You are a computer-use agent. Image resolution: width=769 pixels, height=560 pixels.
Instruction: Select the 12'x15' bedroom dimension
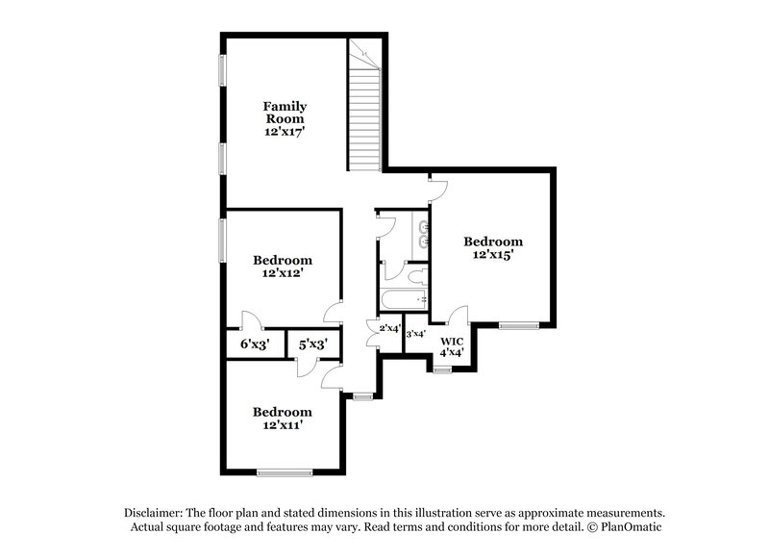click(x=493, y=255)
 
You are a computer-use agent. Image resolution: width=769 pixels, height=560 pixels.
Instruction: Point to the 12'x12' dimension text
click(x=283, y=273)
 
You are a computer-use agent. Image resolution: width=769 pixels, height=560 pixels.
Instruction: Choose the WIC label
click(x=452, y=341)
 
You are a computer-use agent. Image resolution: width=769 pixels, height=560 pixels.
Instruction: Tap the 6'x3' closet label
click(x=255, y=344)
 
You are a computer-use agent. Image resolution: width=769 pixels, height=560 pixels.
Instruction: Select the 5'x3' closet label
click(x=312, y=344)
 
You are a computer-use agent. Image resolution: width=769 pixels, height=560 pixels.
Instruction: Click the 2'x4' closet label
click(x=390, y=329)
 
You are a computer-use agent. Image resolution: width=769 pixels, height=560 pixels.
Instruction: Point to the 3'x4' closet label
click(x=415, y=335)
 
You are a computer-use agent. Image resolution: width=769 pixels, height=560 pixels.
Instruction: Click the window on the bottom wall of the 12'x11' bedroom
click(x=285, y=471)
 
